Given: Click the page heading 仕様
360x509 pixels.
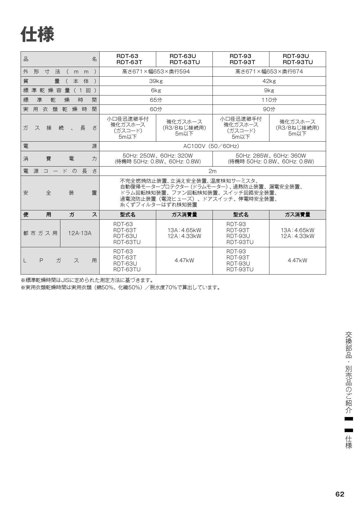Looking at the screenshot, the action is point(37,35).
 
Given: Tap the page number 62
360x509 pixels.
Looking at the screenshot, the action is point(340,494).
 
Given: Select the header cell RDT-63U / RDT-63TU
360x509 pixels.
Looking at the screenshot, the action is point(184,59).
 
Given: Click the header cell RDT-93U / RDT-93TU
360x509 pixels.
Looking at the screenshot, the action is point(298,59).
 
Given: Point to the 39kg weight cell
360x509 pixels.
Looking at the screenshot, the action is point(156,81).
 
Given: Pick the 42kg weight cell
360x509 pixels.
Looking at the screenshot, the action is point(269,81).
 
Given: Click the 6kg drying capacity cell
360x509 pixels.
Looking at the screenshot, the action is point(156,91).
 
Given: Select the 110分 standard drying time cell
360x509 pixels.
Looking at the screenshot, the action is point(269,100).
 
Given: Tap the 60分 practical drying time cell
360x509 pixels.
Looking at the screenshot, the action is point(156,109).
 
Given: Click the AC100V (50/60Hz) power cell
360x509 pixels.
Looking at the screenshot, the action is point(213,146).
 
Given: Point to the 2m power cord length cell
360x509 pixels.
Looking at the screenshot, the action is point(213,171).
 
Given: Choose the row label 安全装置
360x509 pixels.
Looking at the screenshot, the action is point(60,193).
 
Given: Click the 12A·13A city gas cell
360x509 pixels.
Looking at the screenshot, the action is point(80,233).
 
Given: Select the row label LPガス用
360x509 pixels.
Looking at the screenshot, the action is point(60,261).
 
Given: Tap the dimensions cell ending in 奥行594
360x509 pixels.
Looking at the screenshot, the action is point(156,72).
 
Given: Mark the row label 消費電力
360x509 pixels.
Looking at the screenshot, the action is point(60,158).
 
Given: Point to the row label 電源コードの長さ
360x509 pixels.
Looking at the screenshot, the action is point(60,171).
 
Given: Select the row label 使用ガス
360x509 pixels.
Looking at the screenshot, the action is point(60,215).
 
